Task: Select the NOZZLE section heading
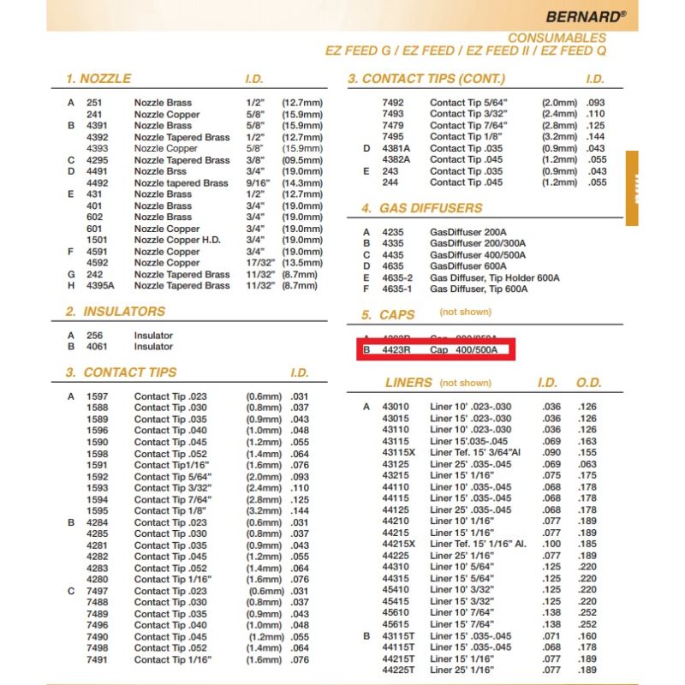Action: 98,79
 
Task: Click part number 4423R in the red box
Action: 396,350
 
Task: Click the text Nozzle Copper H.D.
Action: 177,240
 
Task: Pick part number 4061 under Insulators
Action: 97,347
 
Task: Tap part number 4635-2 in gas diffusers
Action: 397,277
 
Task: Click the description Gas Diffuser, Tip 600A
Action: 479,289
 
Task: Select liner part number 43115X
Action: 398,452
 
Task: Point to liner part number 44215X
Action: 398,544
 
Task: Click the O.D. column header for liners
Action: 588,383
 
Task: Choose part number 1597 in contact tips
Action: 97,396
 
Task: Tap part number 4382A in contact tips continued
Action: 396,159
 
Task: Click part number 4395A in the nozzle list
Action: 99,285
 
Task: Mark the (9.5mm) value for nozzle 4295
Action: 302,160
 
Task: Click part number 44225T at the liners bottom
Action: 398,670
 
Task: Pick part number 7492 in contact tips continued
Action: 393,103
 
